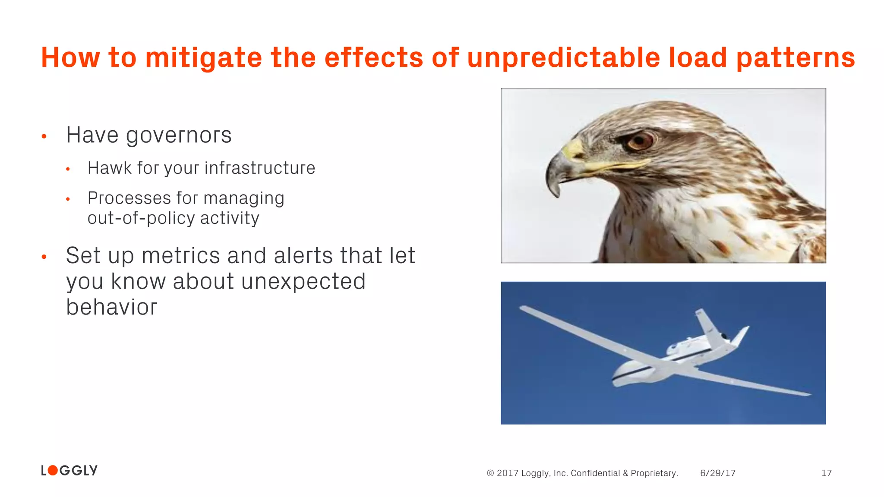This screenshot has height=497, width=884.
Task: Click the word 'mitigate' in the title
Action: pyautogui.click(x=203, y=58)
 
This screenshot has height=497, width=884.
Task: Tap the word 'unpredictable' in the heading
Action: pyautogui.click(x=563, y=58)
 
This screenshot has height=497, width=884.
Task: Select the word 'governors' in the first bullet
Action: pyautogui.click(x=179, y=135)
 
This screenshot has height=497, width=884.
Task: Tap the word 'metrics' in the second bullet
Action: pyautogui.click(x=180, y=255)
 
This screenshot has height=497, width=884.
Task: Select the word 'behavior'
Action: pyautogui.click(x=111, y=307)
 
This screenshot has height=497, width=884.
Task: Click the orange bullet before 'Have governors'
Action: pyautogui.click(x=44, y=137)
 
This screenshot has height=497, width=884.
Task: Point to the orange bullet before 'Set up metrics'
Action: pyautogui.click(x=44, y=257)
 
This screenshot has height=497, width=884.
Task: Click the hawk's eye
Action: pyautogui.click(x=640, y=141)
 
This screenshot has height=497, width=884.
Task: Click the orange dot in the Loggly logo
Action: pyautogui.click(x=52, y=470)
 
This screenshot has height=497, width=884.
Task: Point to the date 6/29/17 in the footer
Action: pyautogui.click(x=717, y=473)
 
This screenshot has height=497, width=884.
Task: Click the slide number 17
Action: pyautogui.click(x=826, y=473)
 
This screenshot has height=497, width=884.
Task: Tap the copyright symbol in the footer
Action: pyautogui.click(x=490, y=473)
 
